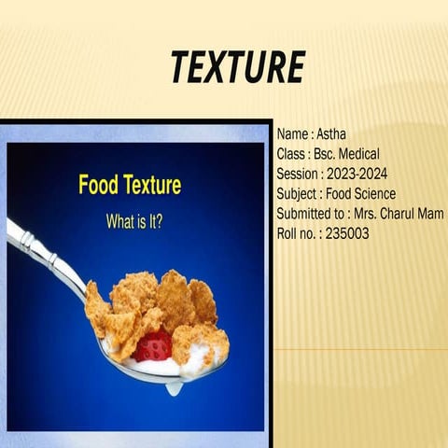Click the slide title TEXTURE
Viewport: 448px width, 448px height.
coord(238,68)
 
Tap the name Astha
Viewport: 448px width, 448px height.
coord(331,134)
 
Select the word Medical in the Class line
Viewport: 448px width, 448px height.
coord(357,154)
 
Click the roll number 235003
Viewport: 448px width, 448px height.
coord(343,233)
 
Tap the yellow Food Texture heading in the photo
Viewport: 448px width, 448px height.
coord(130,185)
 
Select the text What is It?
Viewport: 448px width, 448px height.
coord(134,224)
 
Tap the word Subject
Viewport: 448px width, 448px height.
coord(298,193)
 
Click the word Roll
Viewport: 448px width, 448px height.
coord(287,233)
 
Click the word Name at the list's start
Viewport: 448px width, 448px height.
coord(293,134)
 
